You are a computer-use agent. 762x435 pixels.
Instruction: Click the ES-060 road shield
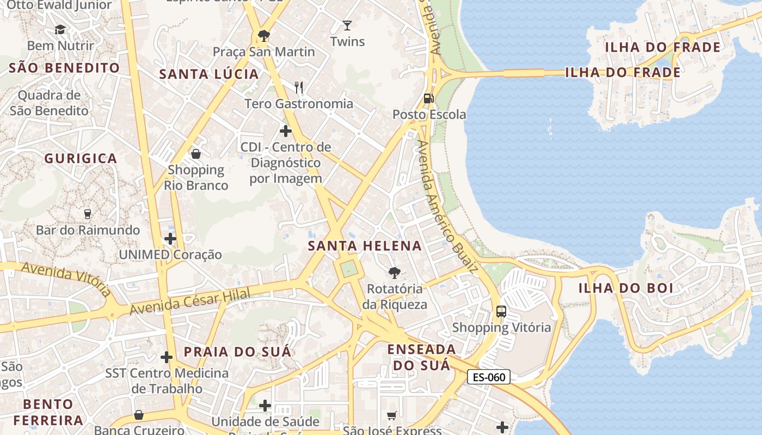click(x=488, y=377)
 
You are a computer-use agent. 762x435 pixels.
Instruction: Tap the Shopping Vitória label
click(x=501, y=327)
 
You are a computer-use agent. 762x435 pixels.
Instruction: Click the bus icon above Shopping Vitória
click(x=501, y=312)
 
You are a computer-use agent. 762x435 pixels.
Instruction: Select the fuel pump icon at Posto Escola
click(x=429, y=98)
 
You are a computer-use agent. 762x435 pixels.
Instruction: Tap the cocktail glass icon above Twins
click(x=347, y=25)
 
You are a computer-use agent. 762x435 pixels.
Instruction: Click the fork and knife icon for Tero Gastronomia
click(x=298, y=87)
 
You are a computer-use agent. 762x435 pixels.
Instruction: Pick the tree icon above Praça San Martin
click(x=264, y=36)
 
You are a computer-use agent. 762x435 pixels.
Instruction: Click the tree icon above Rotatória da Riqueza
click(x=394, y=273)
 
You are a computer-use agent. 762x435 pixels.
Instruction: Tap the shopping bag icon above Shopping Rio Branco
click(x=196, y=154)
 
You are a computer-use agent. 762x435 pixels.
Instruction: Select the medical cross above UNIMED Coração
click(x=170, y=238)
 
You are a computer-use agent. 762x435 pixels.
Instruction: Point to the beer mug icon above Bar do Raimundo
click(x=88, y=214)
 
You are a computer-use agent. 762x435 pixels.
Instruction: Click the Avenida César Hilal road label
click(x=190, y=302)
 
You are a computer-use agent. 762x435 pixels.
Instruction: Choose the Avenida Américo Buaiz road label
click(x=447, y=206)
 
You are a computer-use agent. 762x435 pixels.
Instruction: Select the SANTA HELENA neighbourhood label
click(x=365, y=246)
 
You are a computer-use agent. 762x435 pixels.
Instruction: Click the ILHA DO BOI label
click(x=625, y=288)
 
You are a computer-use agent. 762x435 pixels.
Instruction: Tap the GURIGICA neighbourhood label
click(x=81, y=159)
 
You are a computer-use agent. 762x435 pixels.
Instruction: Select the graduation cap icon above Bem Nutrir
click(x=60, y=29)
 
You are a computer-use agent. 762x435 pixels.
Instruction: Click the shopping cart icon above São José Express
click(x=391, y=416)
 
